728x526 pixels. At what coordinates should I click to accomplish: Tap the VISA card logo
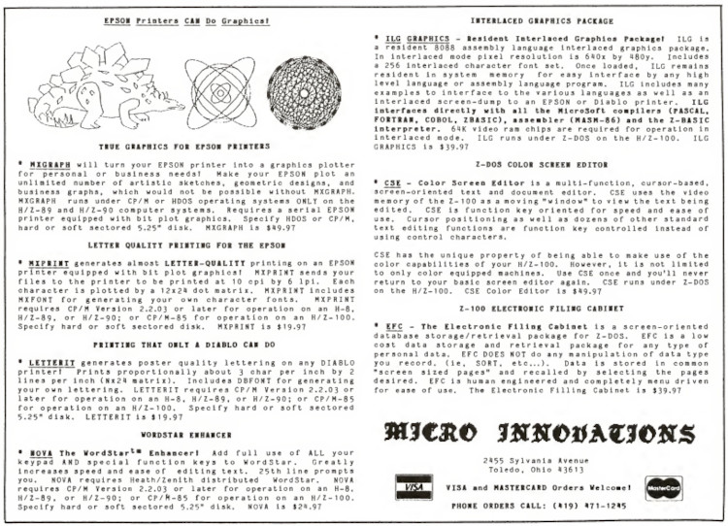pyautogui.click(x=414, y=484)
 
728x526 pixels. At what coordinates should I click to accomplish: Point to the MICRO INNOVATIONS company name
pyautogui.click(x=538, y=433)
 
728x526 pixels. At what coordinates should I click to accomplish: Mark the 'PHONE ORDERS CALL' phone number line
pyautogui.click(x=539, y=504)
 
